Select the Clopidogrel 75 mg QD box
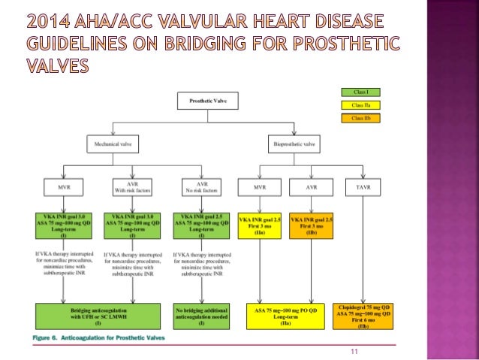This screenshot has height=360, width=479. pyautogui.click(x=364, y=316)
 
